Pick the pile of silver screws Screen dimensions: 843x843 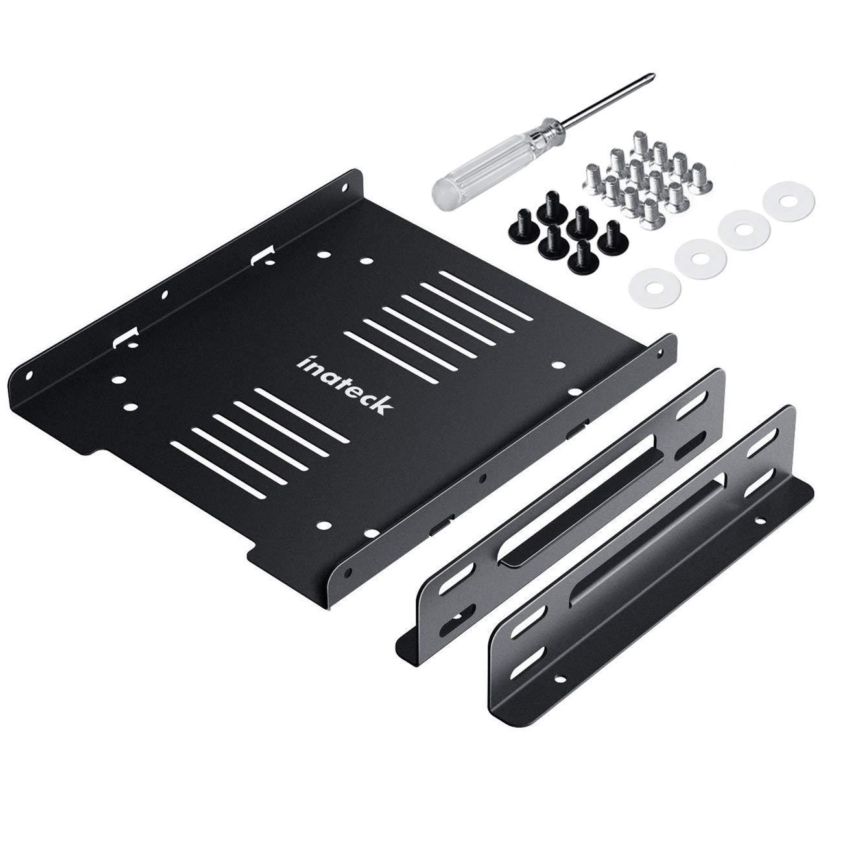coord(648,180)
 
